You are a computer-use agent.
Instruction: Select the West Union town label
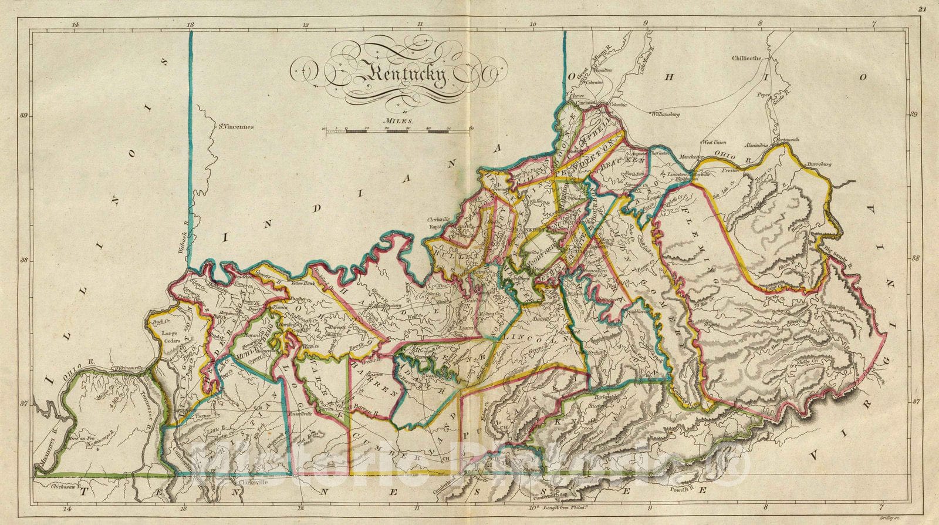[x=714, y=142]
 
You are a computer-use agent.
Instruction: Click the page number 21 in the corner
[x=923, y=9]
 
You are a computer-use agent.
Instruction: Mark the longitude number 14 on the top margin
[x=75, y=25]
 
